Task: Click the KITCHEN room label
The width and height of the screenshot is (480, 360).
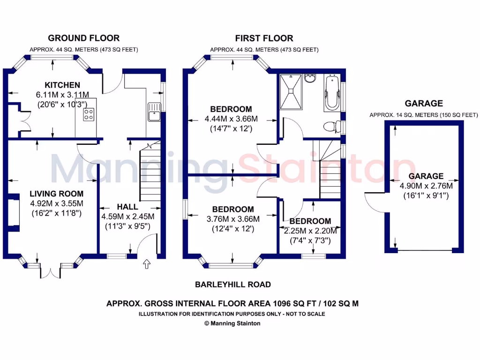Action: pyautogui.click(x=62, y=85)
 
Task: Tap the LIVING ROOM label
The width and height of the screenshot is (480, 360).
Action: pyautogui.click(x=57, y=194)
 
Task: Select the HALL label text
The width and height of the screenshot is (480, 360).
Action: pyautogui.click(x=127, y=207)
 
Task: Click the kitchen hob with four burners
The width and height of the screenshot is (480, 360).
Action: pyautogui.click(x=89, y=114)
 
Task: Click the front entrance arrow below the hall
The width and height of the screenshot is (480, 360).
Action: pyautogui.click(x=146, y=265)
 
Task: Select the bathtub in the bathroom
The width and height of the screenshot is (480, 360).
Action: pyautogui.click(x=331, y=93)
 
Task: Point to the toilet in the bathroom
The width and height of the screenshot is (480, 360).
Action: pyautogui.click(x=331, y=126)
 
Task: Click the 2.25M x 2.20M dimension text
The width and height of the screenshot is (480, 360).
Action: pyautogui.click(x=309, y=231)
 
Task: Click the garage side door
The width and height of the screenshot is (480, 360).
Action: pyautogui.click(x=374, y=202)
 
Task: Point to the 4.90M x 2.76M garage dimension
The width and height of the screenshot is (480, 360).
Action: pyautogui.click(x=426, y=186)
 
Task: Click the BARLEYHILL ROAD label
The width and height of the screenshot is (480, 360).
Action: pyautogui.click(x=233, y=285)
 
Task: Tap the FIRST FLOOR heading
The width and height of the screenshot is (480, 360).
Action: pyautogui.click(x=264, y=38)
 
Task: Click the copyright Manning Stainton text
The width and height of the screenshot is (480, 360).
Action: pyautogui.click(x=233, y=323)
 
